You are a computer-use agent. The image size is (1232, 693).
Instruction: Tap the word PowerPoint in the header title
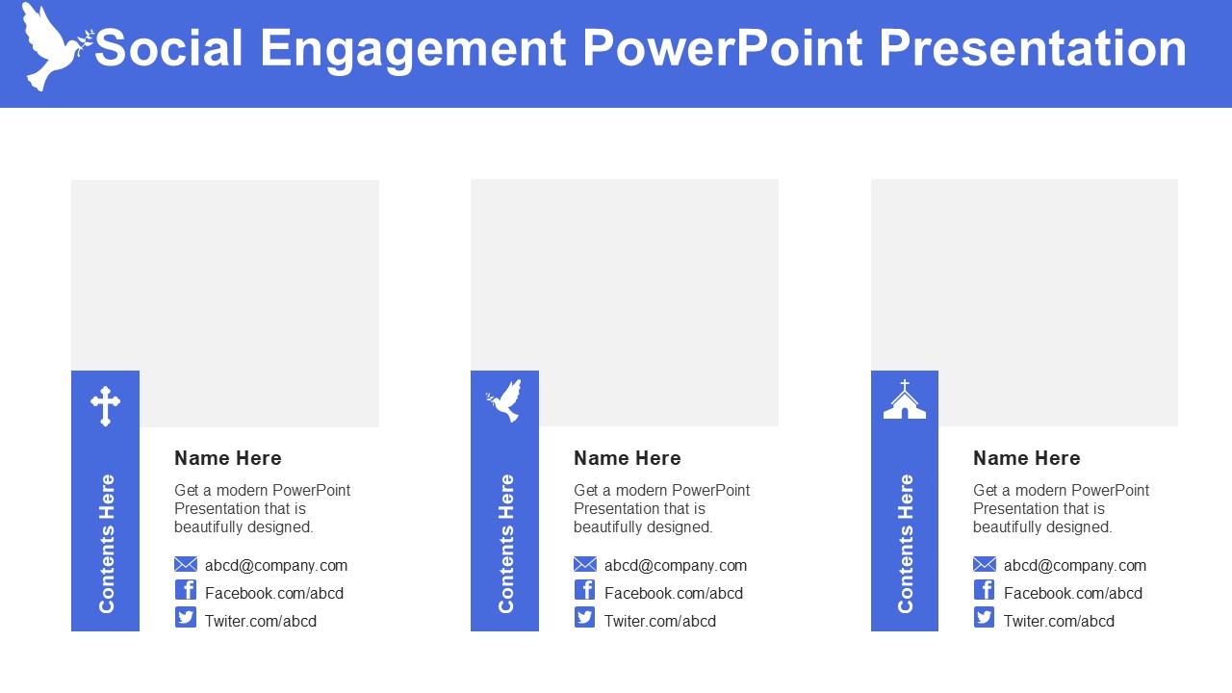coord(722,48)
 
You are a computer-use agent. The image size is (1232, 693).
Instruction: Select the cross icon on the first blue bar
coord(105,406)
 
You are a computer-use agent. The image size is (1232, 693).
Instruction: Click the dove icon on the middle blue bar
coord(504,400)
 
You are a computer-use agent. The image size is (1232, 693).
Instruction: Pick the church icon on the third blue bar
coord(905,399)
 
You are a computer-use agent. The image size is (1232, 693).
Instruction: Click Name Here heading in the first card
coord(228,458)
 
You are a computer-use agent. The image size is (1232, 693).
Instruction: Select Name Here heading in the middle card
coord(627,458)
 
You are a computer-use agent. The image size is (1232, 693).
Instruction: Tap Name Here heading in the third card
coord(1026,458)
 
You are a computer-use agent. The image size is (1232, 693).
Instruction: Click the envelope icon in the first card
coord(186,564)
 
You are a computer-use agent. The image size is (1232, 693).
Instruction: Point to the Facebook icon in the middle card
coord(584,590)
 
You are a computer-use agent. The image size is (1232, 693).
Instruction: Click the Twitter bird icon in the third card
coord(984,617)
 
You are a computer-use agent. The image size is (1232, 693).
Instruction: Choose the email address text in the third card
coord(1075,565)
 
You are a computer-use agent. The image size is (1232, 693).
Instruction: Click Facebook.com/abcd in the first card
coord(274,593)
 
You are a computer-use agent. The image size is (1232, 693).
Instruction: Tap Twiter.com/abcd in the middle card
coord(660,621)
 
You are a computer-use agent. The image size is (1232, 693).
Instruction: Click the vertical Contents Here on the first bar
coord(107,544)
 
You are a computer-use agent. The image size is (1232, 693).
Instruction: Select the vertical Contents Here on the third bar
coord(906,544)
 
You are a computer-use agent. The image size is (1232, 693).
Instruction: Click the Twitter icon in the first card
coord(186,617)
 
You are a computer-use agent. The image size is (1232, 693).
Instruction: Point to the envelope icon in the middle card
coord(585,564)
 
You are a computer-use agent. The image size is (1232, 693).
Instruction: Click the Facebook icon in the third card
coord(984,590)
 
